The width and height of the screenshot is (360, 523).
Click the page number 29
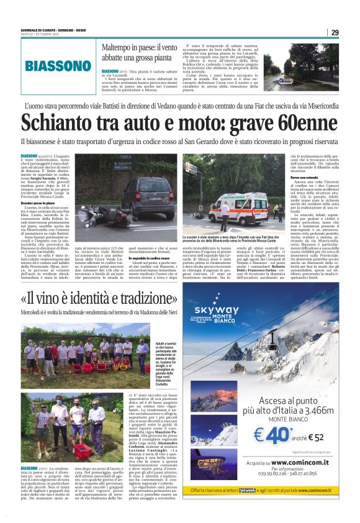tap(334, 32)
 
